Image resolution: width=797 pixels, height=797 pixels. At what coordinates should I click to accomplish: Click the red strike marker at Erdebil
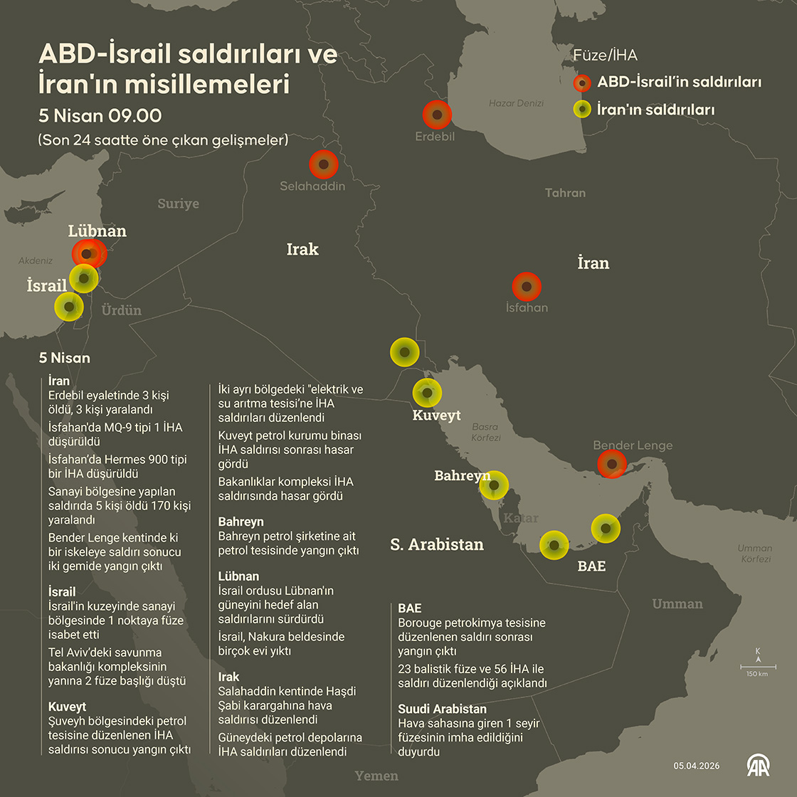coord(437,115)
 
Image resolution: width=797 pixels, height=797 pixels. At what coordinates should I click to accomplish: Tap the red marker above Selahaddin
coord(323,164)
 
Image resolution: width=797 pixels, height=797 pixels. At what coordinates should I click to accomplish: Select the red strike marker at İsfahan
coord(527,287)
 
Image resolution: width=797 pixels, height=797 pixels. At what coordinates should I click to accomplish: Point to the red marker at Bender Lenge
coord(611,463)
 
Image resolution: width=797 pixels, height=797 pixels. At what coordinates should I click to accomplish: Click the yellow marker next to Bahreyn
coord(494,485)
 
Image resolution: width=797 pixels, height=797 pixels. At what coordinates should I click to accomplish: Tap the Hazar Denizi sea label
coord(516,103)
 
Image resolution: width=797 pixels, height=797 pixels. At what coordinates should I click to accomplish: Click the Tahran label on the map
coord(565,193)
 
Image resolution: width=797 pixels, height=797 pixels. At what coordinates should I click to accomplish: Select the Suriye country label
coord(178,204)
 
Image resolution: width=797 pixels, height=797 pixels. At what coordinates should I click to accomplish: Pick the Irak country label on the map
coord(302,249)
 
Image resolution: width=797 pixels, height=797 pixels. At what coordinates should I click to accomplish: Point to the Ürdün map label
coord(121,310)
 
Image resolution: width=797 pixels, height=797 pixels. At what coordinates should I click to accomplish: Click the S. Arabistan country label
coord(436,544)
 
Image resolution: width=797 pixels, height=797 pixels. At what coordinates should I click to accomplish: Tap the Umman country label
coord(677,604)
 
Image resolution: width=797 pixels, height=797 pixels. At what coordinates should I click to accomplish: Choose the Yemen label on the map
coord(376,776)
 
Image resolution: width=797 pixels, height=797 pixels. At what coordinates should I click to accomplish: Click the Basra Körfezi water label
coord(485,432)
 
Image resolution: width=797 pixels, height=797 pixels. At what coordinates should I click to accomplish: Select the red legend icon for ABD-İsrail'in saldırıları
coord(582,83)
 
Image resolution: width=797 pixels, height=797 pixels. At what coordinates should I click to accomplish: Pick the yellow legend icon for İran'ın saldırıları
coord(582,110)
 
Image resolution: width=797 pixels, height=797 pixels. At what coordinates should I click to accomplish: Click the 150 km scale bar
coord(757,667)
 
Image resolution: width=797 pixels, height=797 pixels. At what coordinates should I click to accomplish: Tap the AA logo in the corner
coord(758,765)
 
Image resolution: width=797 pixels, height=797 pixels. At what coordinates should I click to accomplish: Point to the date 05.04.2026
coord(697,766)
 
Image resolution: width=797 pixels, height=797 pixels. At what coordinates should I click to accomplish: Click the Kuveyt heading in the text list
coord(67,707)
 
